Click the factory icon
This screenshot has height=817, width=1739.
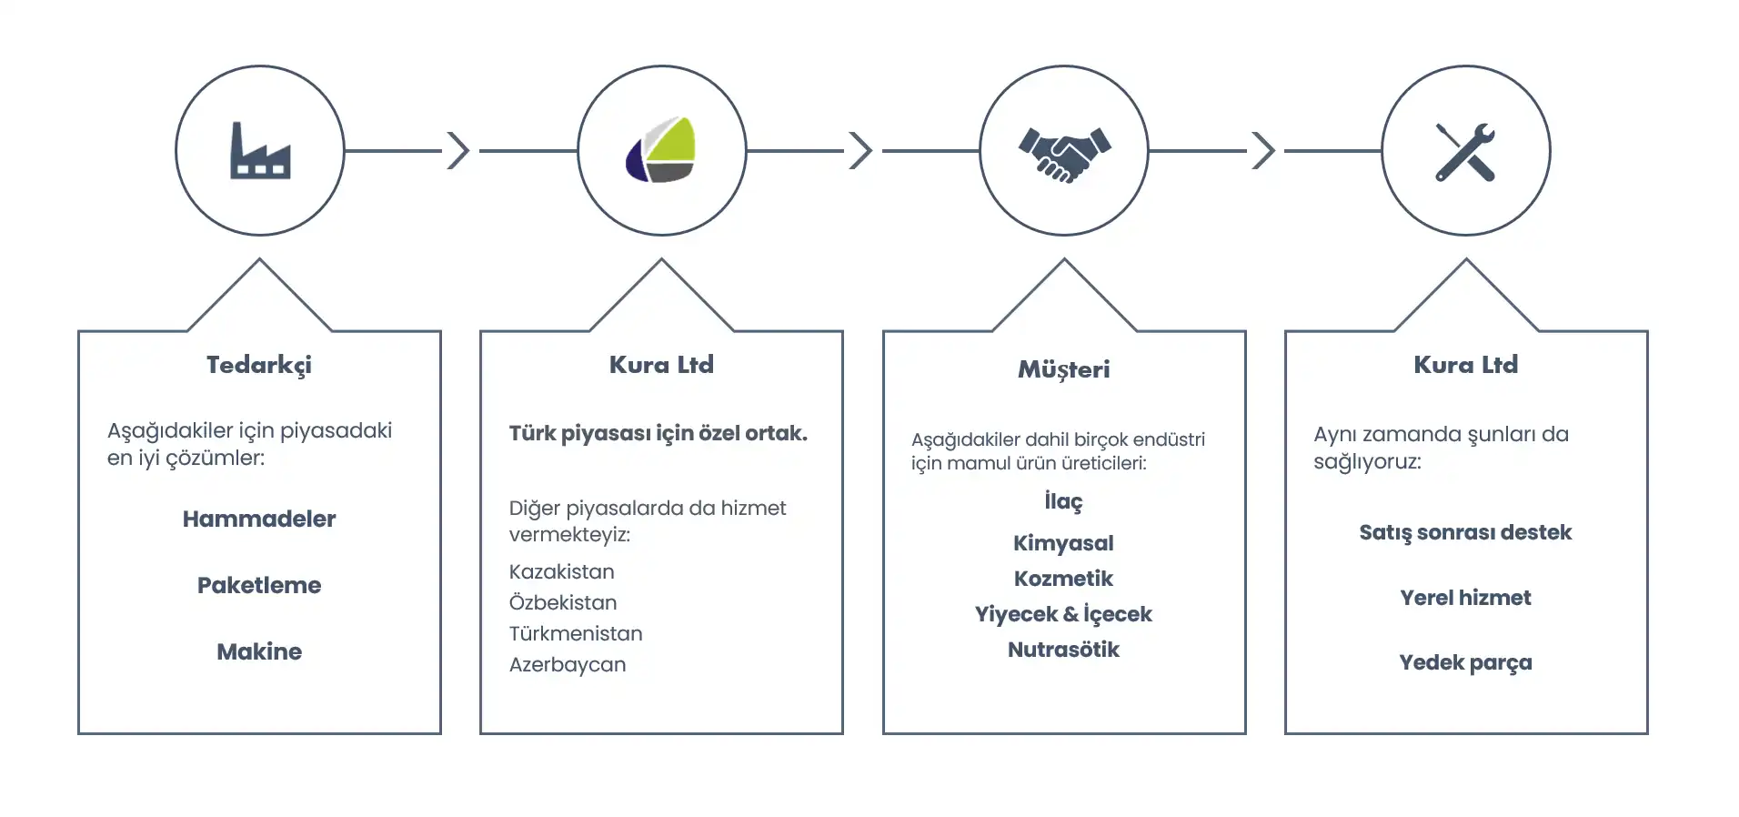click(x=260, y=150)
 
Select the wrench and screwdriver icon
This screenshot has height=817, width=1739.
click(x=1465, y=152)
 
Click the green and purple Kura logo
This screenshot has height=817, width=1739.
click(x=661, y=150)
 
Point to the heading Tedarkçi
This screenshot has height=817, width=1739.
click(x=259, y=366)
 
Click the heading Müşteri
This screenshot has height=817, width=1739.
click(x=1064, y=369)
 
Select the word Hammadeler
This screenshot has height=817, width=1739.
click(x=259, y=519)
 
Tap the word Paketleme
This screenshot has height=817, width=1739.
click(x=259, y=585)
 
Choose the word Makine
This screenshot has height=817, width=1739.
click(x=259, y=651)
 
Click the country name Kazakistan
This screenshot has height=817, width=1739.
click(x=562, y=572)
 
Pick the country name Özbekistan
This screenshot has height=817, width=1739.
click(x=563, y=602)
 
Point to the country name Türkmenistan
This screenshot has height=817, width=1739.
click(x=576, y=633)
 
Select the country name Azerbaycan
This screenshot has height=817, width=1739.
click(x=568, y=665)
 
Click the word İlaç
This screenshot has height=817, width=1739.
click(x=1063, y=501)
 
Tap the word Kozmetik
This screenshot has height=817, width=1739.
click(x=1063, y=579)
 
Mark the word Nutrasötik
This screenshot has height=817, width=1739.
click(x=1063, y=650)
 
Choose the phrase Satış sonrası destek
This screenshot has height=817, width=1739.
click(x=1465, y=533)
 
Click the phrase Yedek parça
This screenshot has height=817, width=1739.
click(x=1465, y=663)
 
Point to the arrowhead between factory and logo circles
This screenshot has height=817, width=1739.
click(x=459, y=150)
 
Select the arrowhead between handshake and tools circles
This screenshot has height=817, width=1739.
click(x=1264, y=150)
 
